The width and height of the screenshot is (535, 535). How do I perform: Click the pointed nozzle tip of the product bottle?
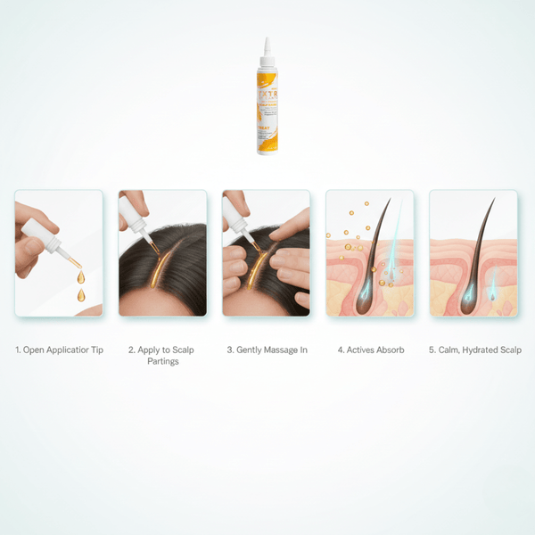pos(267,42)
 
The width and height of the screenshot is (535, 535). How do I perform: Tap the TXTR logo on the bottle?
pos(267,92)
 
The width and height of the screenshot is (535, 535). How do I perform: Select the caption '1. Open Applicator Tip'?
pos(59,350)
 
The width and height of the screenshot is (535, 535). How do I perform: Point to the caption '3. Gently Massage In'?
pos(266,350)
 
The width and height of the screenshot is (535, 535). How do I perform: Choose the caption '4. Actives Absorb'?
pos(370,350)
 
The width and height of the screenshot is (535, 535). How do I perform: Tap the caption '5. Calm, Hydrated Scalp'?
pos(473,350)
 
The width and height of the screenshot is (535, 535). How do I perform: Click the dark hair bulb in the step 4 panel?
pos(367,299)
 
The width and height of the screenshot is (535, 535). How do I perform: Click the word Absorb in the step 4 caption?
pos(390,350)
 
